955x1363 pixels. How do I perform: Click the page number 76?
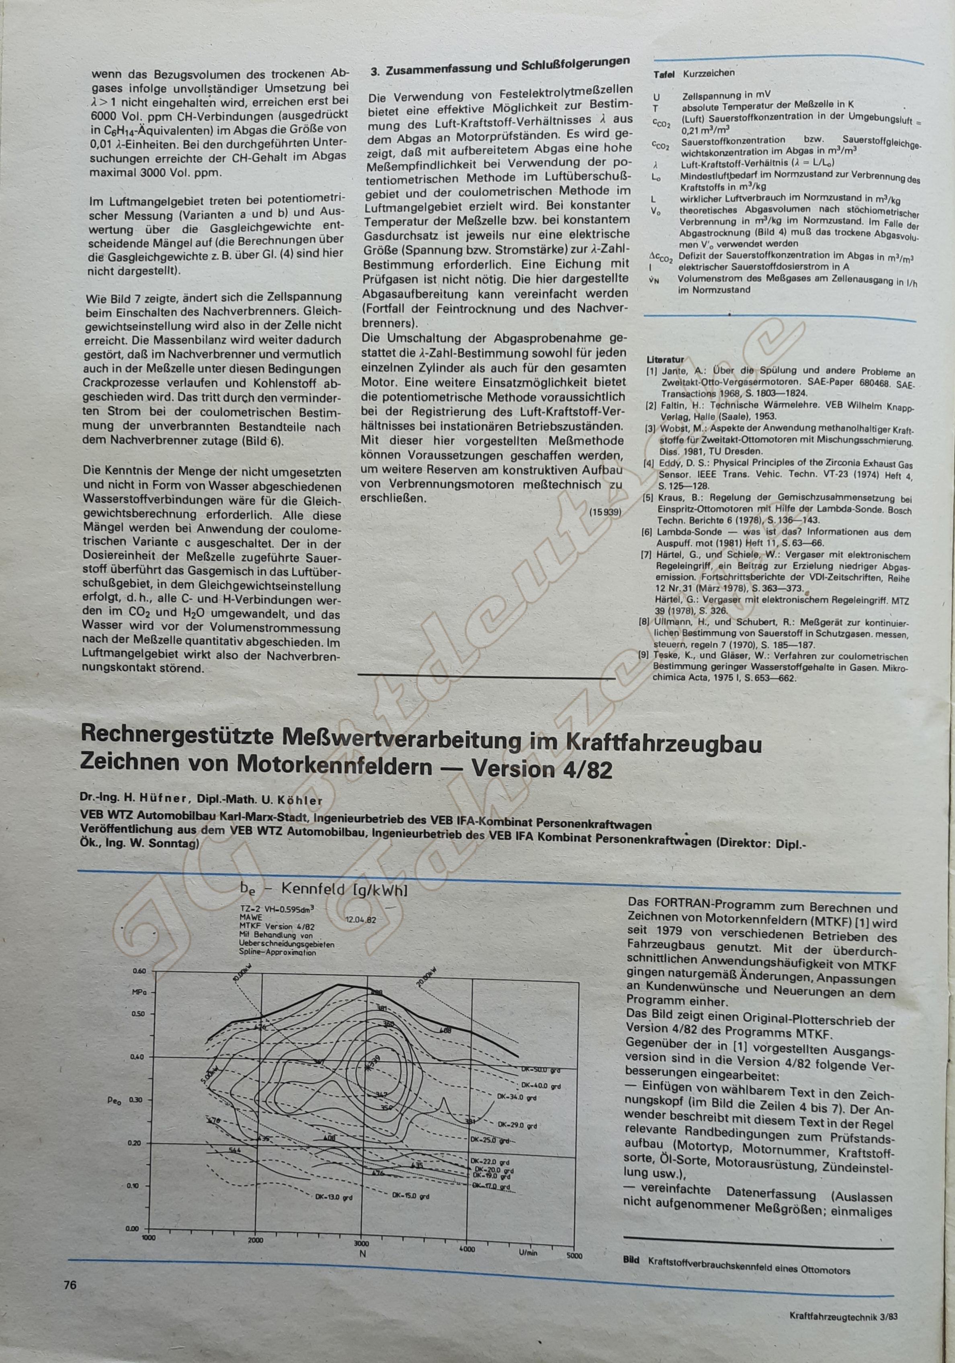(x=70, y=1265)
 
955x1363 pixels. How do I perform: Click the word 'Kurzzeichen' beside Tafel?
(x=709, y=73)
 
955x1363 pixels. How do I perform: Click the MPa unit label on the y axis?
(x=139, y=992)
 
